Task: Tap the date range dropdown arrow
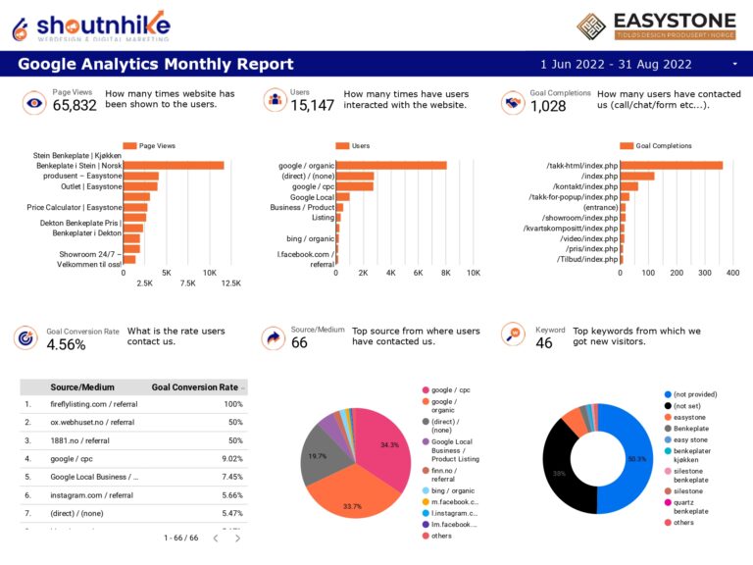pyautogui.click(x=734, y=65)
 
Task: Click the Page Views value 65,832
pyautogui.click(x=75, y=106)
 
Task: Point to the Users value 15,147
pyautogui.click(x=312, y=106)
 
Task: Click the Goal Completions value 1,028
pyautogui.click(x=548, y=106)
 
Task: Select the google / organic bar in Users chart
pyautogui.click(x=391, y=166)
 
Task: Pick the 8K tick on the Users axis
pyautogui.click(x=445, y=273)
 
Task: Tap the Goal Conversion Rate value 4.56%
pyautogui.click(x=66, y=344)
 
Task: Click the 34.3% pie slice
pyautogui.click(x=383, y=446)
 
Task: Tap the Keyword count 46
pyautogui.click(x=544, y=343)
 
